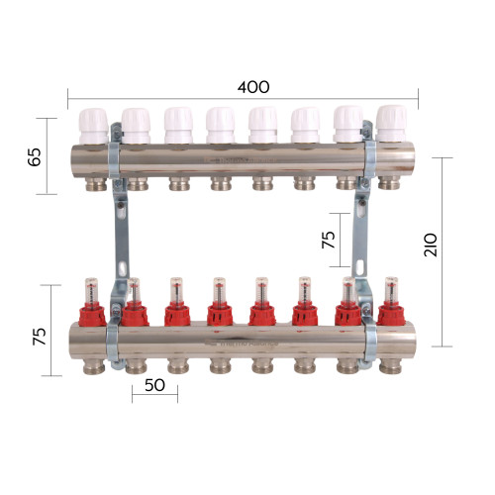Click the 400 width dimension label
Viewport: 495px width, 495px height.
tap(253, 87)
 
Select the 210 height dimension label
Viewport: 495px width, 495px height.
tap(431, 245)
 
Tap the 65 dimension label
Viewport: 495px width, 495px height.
tap(35, 156)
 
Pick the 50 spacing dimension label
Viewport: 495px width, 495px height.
tap(154, 385)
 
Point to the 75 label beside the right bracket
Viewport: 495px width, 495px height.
tap(329, 240)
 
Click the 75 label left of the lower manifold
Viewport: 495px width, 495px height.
tap(40, 337)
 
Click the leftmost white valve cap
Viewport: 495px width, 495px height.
tap(94, 126)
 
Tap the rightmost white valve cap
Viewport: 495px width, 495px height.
tap(391, 124)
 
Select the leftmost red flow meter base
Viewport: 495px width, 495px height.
tap(92, 316)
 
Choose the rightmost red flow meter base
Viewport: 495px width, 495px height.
tap(391, 315)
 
